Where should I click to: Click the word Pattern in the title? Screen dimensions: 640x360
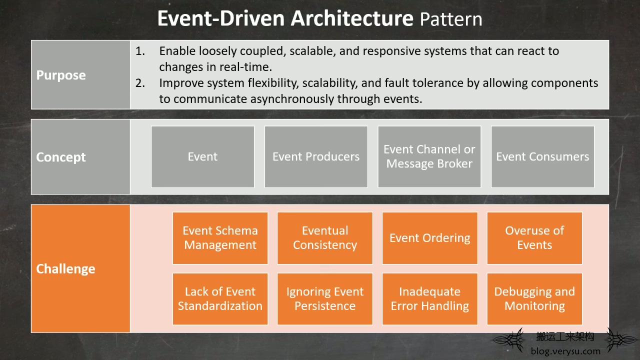pos(451,19)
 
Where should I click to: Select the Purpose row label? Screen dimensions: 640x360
pos(61,75)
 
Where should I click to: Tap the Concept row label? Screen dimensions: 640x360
pos(61,157)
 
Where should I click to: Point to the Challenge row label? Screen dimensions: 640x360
pos(65,269)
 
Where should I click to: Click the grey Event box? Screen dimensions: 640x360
pos(202,157)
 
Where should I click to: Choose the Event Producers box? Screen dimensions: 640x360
pos(316,157)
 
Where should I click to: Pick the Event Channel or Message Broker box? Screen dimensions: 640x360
pos(429,157)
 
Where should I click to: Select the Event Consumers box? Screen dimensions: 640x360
pos(542,157)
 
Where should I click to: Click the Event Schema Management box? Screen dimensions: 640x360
pos(220,238)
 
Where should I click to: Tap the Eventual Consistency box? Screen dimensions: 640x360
pos(325,238)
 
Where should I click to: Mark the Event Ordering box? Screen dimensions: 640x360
pos(429,238)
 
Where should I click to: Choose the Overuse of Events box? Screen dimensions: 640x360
pos(534,238)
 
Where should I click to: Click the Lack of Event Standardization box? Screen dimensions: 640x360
pos(220,299)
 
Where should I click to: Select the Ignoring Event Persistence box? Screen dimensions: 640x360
pos(325,299)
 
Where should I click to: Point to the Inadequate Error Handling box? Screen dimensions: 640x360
pos(429,299)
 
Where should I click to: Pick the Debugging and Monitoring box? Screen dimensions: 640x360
pos(534,299)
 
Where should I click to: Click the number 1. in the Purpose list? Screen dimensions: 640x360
pos(140,51)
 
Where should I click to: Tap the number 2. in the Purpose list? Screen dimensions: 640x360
pos(140,83)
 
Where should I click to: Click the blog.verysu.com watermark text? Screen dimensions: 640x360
pos(565,351)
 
